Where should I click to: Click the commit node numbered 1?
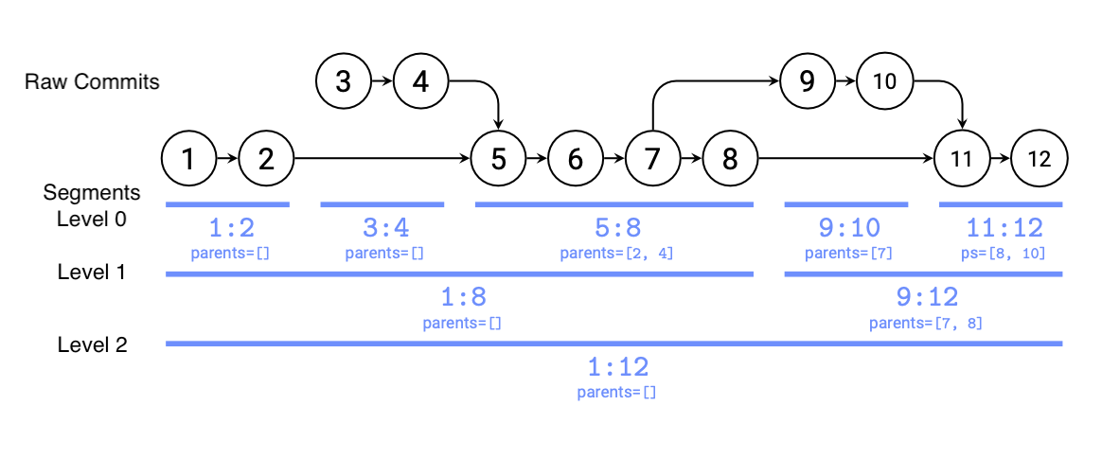click(189, 159)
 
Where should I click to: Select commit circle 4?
click(421, 81)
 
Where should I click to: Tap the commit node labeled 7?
click(652, 159)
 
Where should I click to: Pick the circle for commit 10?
click(884, 81)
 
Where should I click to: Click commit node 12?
click(1040, 159)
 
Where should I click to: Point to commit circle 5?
click(499, 159)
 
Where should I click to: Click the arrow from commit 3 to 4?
click(382, 81)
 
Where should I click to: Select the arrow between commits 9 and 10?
click(845, 81)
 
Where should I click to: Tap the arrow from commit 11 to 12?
click(1001, 159)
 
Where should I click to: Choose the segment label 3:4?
click(382, 229)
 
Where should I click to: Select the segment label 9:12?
click(926, 298)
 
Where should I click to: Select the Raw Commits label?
click(92, 81)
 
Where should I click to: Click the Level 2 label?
click(92, 344)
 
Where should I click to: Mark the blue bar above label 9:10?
click(845, 203)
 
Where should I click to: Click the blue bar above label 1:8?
click(459, 273)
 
